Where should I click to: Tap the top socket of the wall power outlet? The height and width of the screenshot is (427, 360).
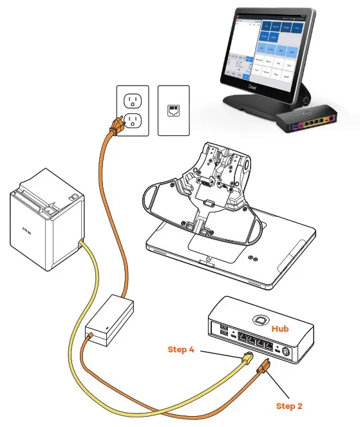133,100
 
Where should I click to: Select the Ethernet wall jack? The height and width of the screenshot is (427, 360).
173,110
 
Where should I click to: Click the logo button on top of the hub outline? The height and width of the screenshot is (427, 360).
260,320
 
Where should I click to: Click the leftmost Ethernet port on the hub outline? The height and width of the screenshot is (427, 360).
242,339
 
